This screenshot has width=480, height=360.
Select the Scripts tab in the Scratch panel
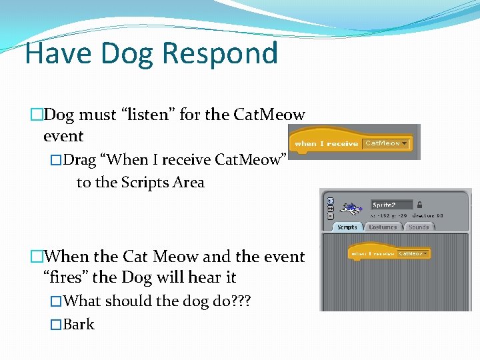(x=347, y=227)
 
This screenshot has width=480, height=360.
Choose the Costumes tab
(x=383, y=227)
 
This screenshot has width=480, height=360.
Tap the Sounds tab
(x=419, y=227)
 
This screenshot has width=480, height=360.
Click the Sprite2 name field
(x=391, y=205)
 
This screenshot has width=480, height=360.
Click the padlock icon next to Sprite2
(x=419, y=205)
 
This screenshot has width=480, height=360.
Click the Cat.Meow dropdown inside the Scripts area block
(x=413, y=253)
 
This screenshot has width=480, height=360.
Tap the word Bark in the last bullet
(x=79, y=325)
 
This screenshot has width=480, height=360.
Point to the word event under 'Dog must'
(x=63, y=136)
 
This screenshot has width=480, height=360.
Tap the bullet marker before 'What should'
(x=56, y=301)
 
